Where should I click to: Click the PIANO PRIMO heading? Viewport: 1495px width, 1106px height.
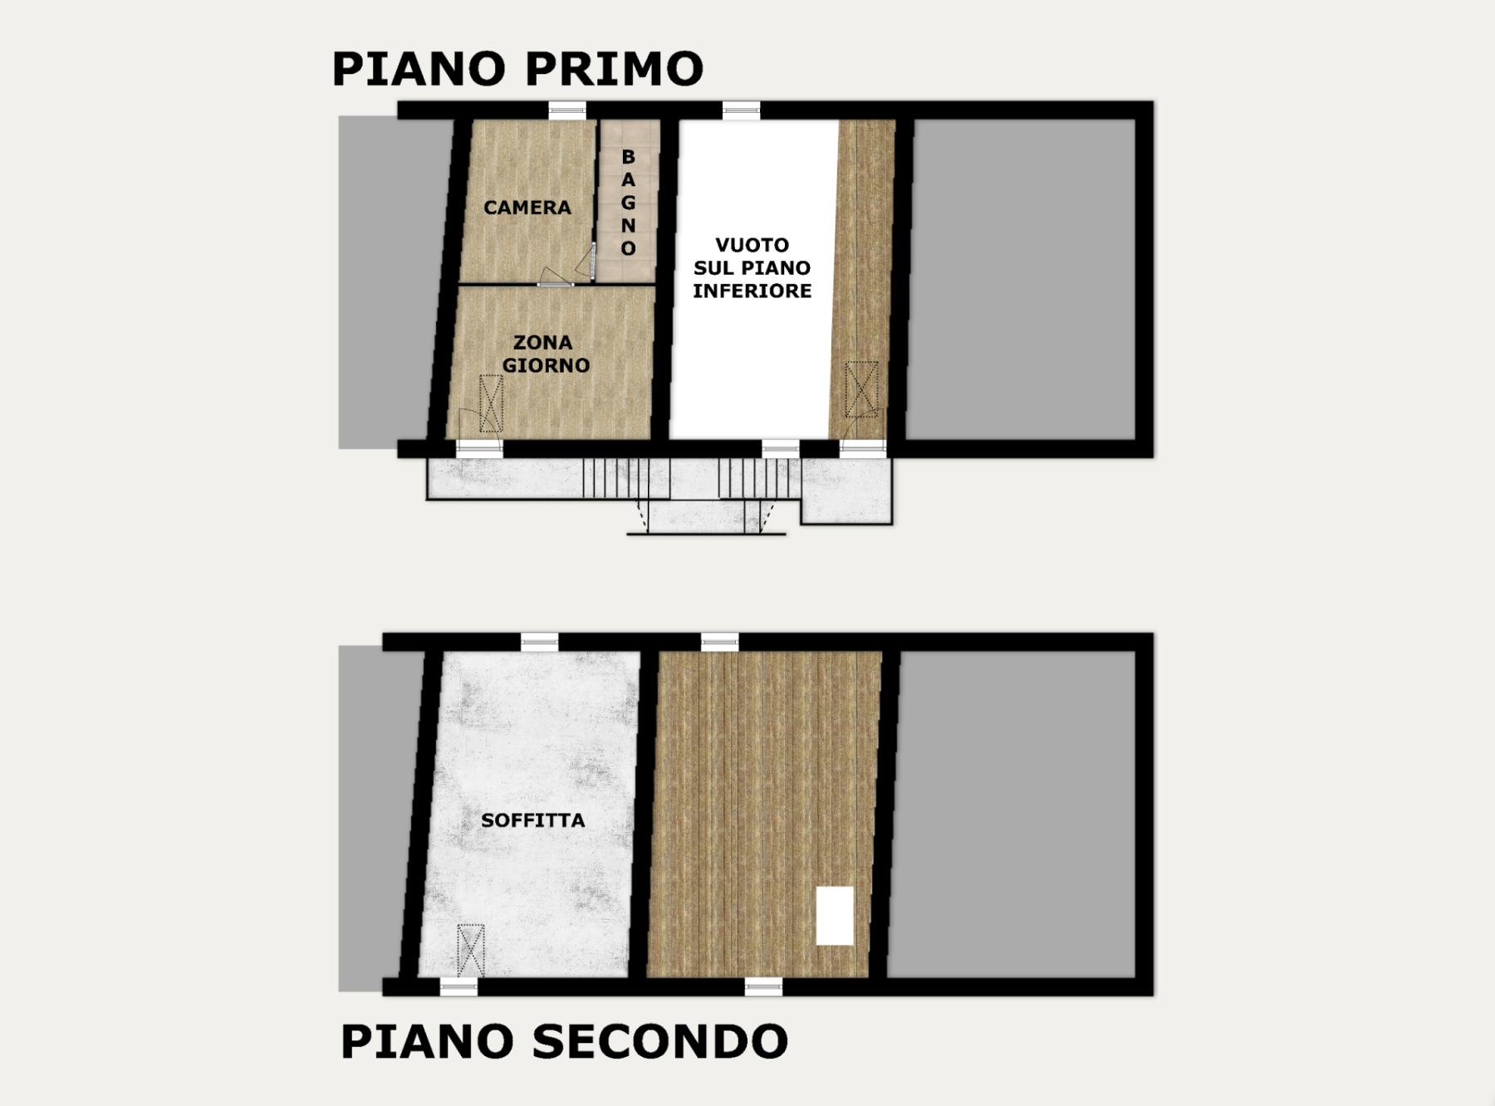pyautogui.click(x=517, y=68)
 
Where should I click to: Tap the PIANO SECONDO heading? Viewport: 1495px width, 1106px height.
pyautogui.click(x=564, y=1041)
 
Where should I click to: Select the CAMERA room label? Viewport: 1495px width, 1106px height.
pyautogui.click(x=527, y=208)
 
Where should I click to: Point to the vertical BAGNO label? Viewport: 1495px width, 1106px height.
pyautogui.click(x=629, y=203)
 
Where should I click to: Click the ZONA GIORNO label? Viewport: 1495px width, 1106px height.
pyautogui.click(x=546, y=354)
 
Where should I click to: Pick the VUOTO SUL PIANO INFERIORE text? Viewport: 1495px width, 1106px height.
pyautogui.click(x=752, y=267)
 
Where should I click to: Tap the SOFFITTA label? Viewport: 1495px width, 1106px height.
pyautogui.click(x=533, y=820)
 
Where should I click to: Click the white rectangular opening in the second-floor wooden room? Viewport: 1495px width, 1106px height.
pyautogui.click(x=835, y=915)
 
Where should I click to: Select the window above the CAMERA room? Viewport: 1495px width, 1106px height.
pyautogui.click(x=567, y=110)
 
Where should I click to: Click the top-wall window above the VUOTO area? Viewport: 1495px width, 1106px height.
pyautogui.click(x=741, y=110)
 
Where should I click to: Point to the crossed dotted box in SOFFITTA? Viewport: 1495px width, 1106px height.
pyautogui.click(x=471, y=950)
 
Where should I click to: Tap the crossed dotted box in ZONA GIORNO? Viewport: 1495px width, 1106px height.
pyautogui.click(x=492, y=404)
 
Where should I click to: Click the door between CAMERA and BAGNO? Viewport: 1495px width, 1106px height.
pyautogui.click(x=588, y=262)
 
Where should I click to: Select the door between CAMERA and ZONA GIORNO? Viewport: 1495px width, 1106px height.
pyautogui.click(x=555, y=277)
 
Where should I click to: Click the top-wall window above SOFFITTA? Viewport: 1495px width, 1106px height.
pyautogui.click(x=540, y=642)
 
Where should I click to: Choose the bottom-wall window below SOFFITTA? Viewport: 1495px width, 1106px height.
pyautogui.click(x=458, y=987)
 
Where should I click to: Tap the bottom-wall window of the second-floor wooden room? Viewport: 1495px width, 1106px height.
pyautogui.click(x=763, y=987)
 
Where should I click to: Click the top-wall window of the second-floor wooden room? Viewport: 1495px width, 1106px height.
pyautogui.click(x=720, y=642)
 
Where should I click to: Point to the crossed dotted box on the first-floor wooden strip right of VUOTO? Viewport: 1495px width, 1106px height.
pyautogui.click(x=862, y=389)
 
